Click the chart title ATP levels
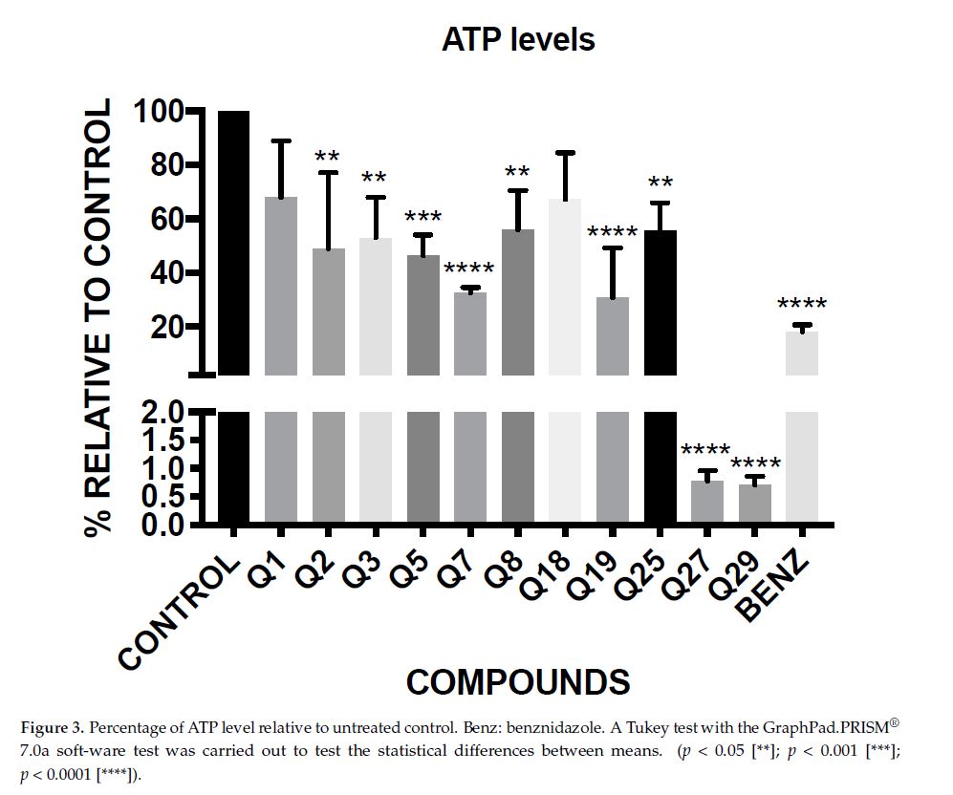click(518, 39)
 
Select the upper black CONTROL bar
click(234, 243)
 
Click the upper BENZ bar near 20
click(802, 353)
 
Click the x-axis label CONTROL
click(179, 612)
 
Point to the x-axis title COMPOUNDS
click(518, 682)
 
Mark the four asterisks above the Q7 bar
click(469, 270)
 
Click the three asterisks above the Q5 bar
click(422, 219)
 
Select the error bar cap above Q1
click(281, 141)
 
